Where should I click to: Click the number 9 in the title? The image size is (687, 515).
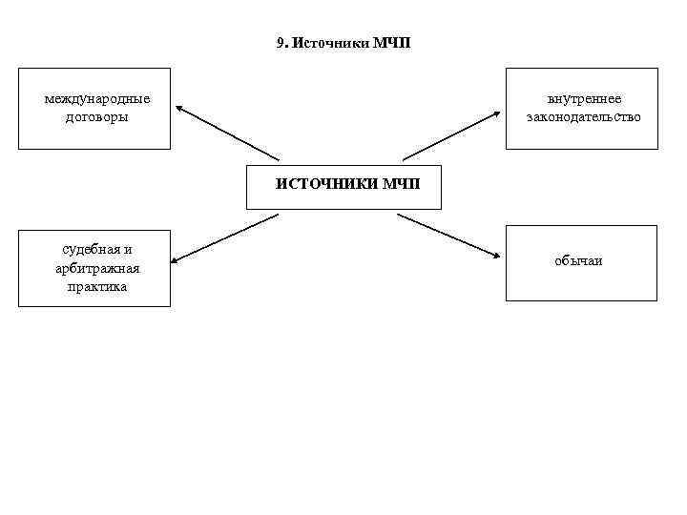pyautogui.click(x=280, y=43)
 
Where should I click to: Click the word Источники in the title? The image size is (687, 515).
pyautogui.click(x=322, y=43)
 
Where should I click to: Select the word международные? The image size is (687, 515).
pyautogui.click(x=97, y=99)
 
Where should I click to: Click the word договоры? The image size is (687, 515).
pyautogui.click(x=97, y=117)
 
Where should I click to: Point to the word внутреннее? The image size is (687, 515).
pyautogui.click(x=584, y=99)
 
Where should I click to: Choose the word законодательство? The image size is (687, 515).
pyautogui.click(x=584, y=117)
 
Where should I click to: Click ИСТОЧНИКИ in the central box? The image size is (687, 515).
pyautogui.click(x=327, y=184)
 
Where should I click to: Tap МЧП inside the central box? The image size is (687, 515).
pyautogui.click(x=400, y=184)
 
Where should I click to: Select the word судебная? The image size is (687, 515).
pyautogui.click(x=96, y=250)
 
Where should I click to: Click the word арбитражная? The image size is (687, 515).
pyautogui.click(x=97, y=268)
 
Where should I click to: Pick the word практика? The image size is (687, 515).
pyautogui.click(x=97, y=286)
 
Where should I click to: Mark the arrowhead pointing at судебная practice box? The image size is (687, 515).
pyautogui.click(x=178, y=257)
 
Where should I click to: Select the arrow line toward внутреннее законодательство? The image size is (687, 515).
pyautogui.click(x=448, y=136)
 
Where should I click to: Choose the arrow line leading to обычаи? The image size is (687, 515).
pyautogui.click(x=447, y=235)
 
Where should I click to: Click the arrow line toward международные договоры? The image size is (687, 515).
pyautogui.click(x=229, y=134)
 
